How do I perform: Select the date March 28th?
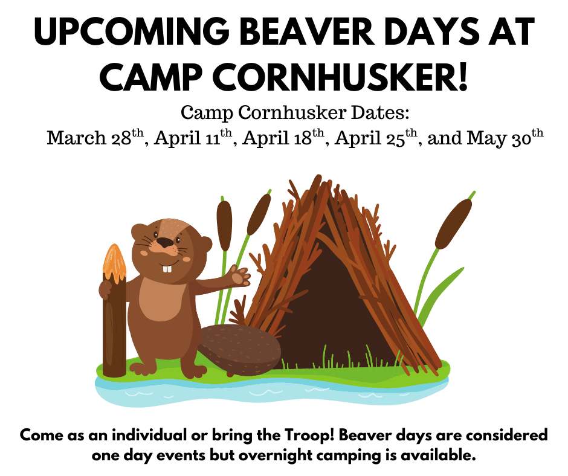[95, 137]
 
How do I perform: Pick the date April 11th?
[193, 137]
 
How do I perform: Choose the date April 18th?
[283, 137]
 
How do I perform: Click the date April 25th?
[376, 137]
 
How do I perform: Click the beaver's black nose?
[166, 242]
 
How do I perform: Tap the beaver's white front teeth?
[167, 269]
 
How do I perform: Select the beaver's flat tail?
[240, 349]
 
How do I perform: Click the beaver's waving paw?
[240, 276]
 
